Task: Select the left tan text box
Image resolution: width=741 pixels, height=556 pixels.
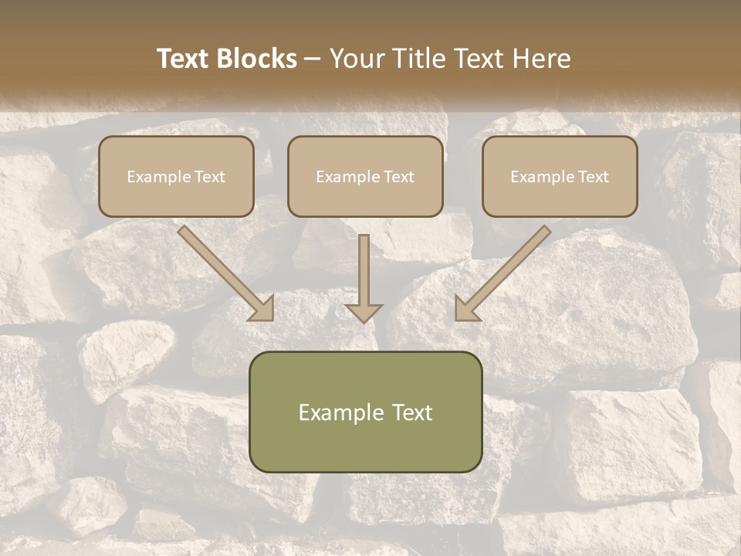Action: click(176, 176)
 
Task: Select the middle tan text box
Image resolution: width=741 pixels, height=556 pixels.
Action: click(365, 176)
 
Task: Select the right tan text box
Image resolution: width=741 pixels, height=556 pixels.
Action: click(560, 176)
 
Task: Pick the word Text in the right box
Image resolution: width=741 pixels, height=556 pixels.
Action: click(593, 177)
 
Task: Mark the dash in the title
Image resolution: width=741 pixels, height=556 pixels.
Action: click(313, 59)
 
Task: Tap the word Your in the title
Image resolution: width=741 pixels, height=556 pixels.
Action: click(354, 59)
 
